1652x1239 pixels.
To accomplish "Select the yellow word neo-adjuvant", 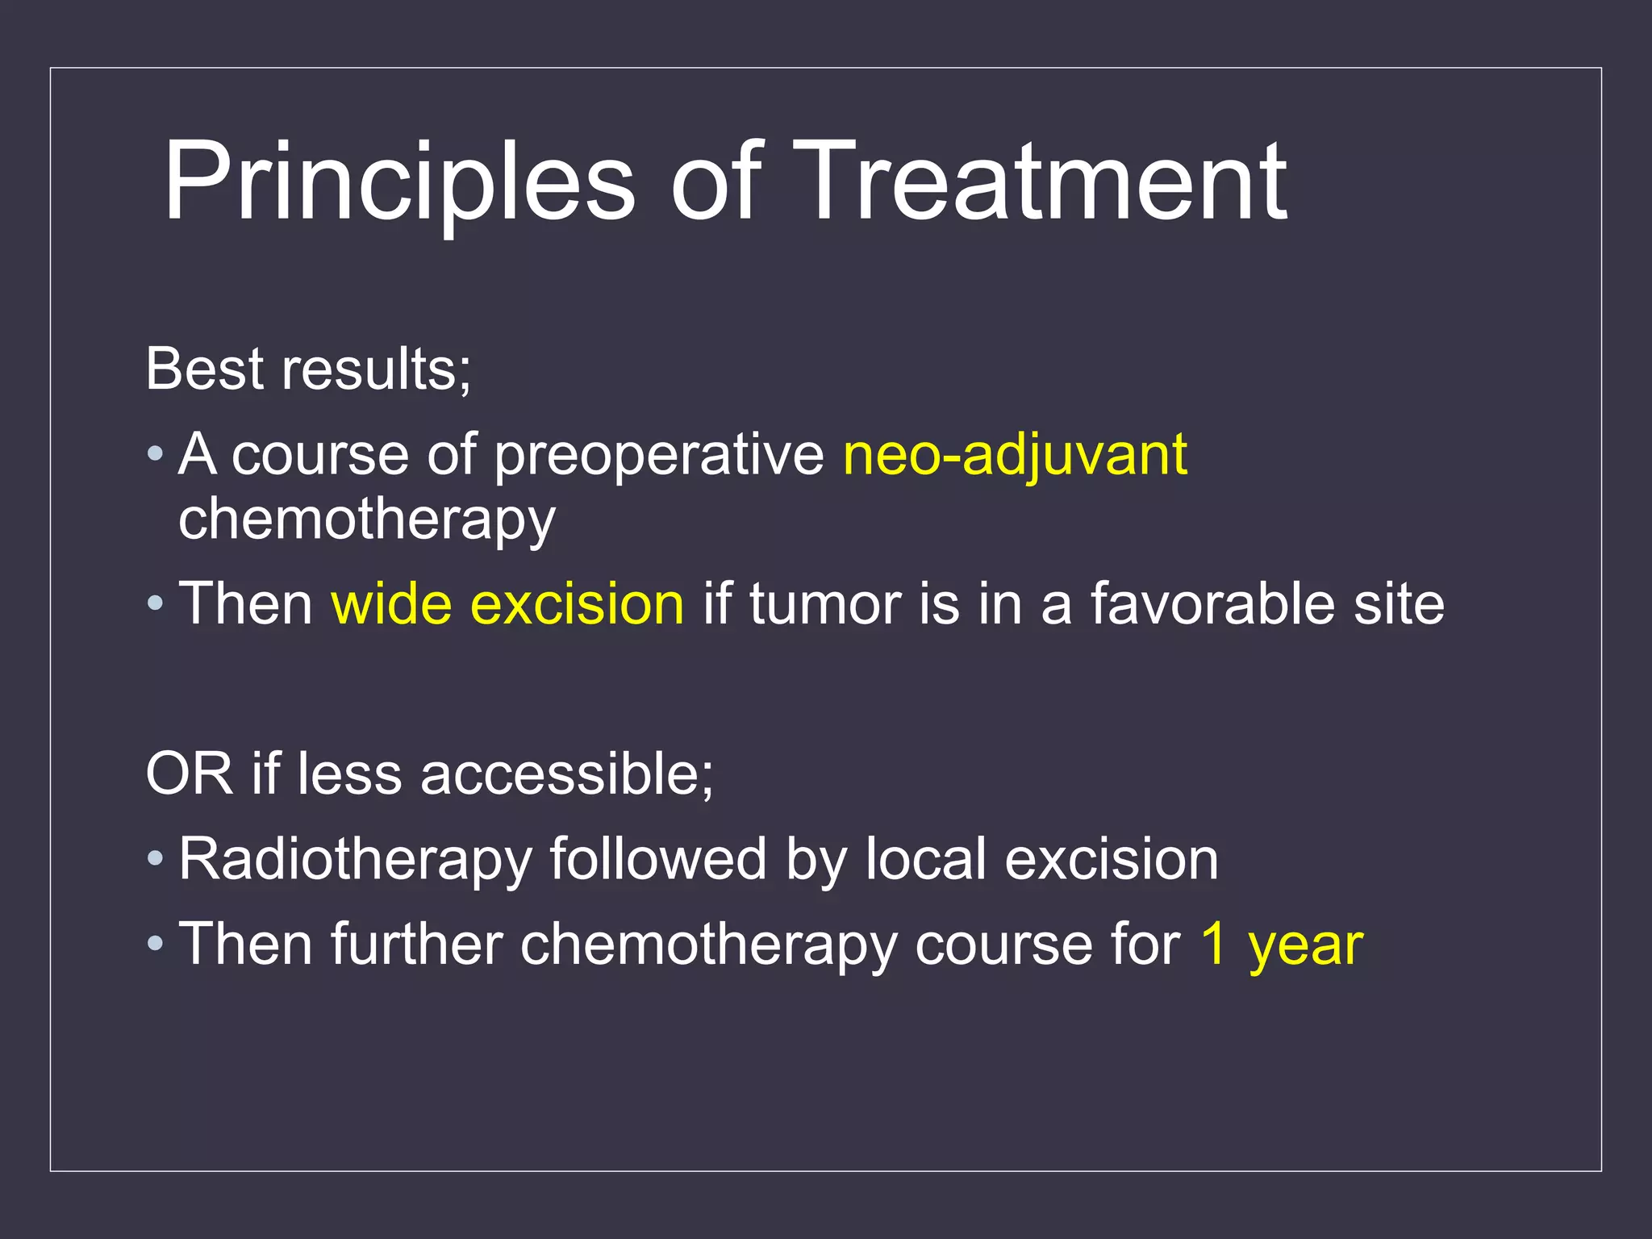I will tap(1015, 456).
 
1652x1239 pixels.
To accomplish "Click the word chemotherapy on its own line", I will tap(367, 520).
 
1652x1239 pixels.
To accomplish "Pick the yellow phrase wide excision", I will tap(507, 604).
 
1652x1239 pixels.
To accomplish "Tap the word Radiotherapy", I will tap(355, 860).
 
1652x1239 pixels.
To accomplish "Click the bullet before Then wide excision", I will tap(155, 604).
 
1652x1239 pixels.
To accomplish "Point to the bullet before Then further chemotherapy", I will tap(155, 945).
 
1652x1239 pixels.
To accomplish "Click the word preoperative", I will tap(658, 456).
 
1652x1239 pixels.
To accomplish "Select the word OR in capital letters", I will tap(189, 774).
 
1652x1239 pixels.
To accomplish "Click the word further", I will tap(416, 945).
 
